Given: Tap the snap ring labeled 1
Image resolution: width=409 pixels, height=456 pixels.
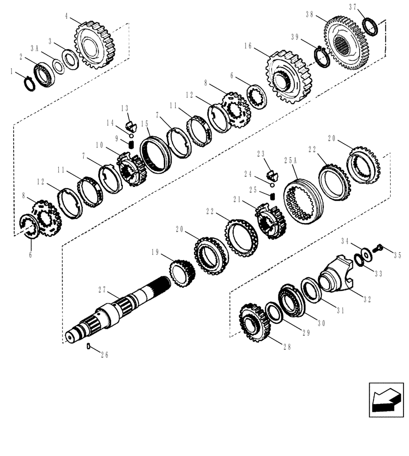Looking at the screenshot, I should coord(29,84).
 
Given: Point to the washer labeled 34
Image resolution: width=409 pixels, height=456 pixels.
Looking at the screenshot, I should coord(366,254).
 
